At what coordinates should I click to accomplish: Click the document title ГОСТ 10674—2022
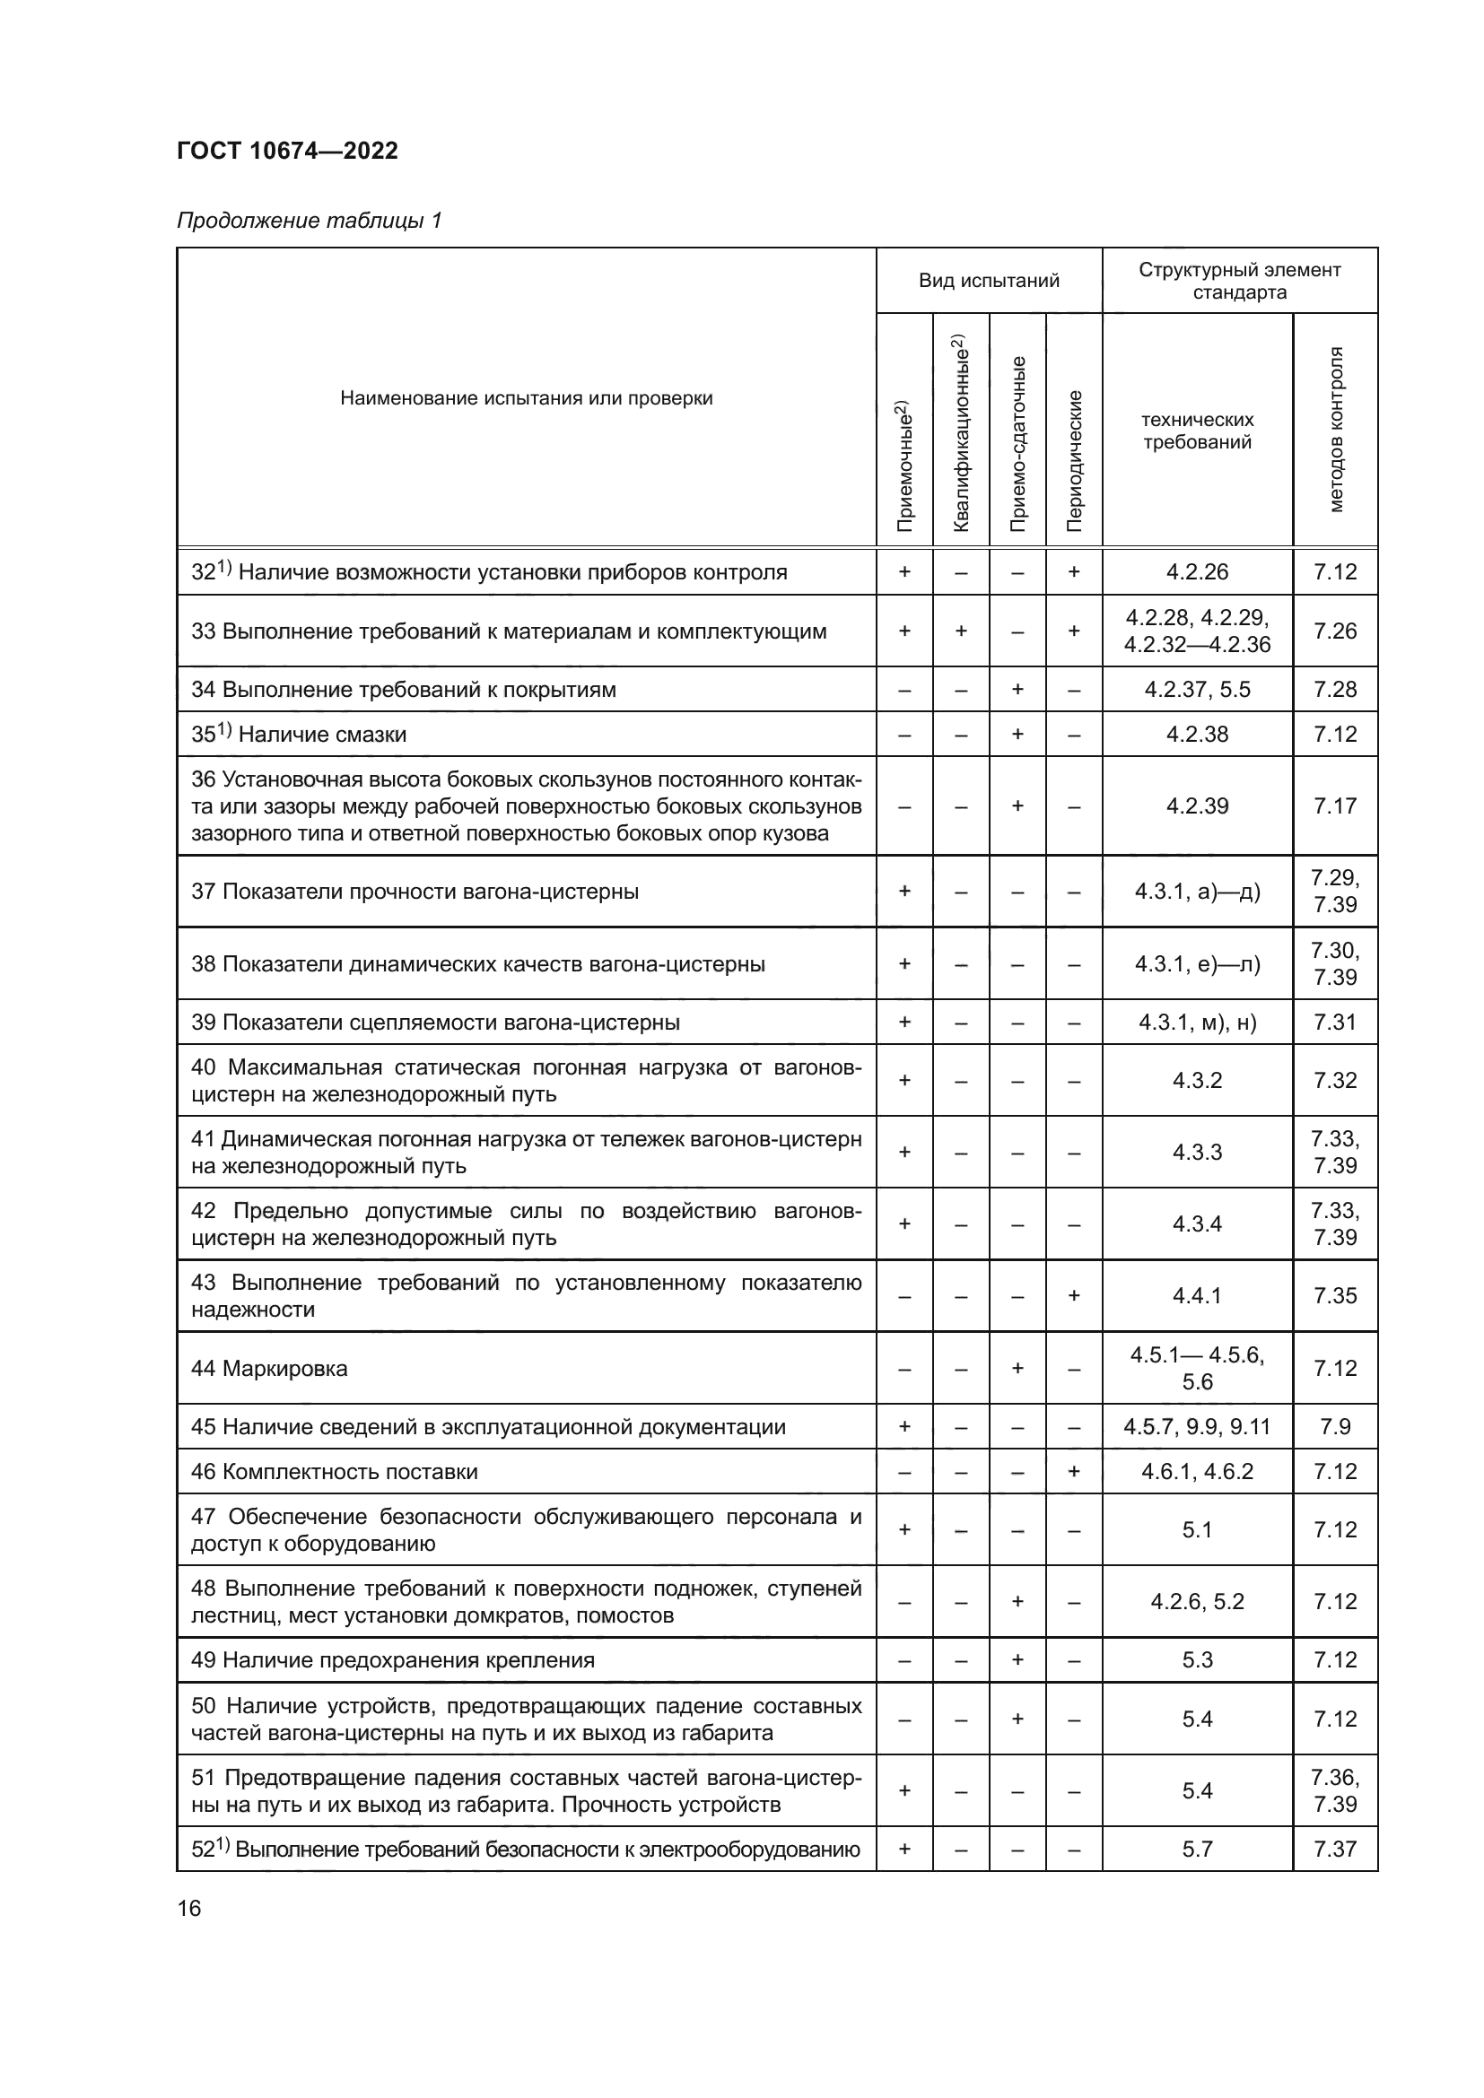[x=287, y=151]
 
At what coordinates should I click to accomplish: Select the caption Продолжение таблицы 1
[x=309, y=221]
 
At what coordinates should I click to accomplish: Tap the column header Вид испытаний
[x=989, y=281]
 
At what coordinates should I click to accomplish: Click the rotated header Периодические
[x=1075, y=460]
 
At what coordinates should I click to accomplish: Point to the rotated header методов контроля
[x=1335, y=430]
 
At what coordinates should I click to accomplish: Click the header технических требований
[x=1197, y=431]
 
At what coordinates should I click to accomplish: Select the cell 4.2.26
[x=1197, y=572]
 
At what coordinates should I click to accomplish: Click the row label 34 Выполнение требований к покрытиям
[x=403, y=690]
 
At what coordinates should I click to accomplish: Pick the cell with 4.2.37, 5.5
[x=1197, y=690]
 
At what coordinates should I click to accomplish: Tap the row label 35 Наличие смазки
[x=299, y=735]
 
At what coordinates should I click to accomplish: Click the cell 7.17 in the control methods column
[x=1335, y=806]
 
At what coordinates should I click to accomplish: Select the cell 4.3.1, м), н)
[x=1197, y=1023]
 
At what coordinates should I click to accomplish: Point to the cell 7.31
[x=1335, y=1023]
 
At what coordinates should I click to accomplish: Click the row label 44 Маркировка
[x=269, y=1369]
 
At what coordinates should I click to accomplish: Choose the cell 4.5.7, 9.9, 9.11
[x=1197, y=1427]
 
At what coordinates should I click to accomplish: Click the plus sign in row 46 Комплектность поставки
[x=1075, y=1472]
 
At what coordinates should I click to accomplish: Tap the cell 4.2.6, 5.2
[x=1197, y=1602]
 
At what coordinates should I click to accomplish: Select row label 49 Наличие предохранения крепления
[x=393, y=1660]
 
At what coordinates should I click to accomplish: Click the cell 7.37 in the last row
[x=1335, y=1850]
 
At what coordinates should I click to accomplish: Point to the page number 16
[x=189, y=1908]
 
